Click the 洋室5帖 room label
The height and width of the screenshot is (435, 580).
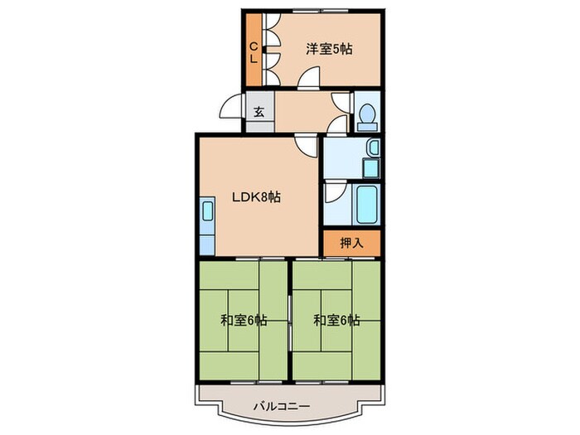click(329, 49)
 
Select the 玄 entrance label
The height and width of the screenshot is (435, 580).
click(259, 112)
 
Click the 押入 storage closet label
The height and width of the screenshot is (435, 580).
click(352, 243)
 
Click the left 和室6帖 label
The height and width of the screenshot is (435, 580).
click(244, 320)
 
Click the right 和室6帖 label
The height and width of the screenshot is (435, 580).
click(336, 320)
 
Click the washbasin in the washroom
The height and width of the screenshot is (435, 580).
click(374, 149)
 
